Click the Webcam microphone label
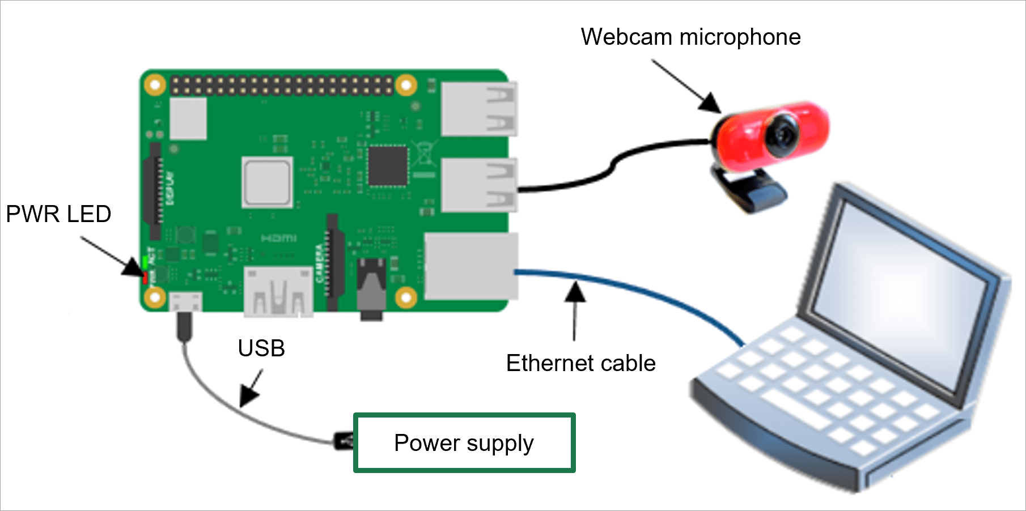(x=690, y=37)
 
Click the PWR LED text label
(x=58, y=214)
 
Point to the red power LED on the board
(x=145, y=278)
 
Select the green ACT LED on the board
(x=145, y=262)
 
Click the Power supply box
(x=464, y=443)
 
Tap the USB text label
(x=261, y=348)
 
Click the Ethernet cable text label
(x=580, y=363)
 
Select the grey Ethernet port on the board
(x=470, y=266)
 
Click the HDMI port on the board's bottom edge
(x=278, y=292)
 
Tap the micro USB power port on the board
(x=186, y=301)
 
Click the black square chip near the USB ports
(x=388, y=165)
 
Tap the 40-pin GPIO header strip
(x=282, y=86)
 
